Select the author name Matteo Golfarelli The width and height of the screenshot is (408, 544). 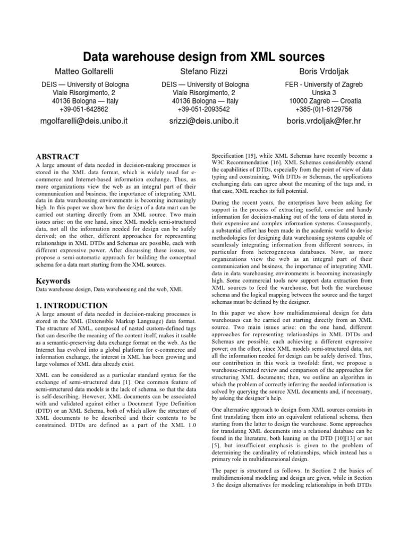[x=85, y=71]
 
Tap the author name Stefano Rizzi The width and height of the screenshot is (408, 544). [x=205, y=71]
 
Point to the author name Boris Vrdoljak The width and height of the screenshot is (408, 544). [x=323, y=71]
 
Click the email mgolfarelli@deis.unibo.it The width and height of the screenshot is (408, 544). [x=85, y=121]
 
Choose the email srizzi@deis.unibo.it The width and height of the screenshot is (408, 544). [x=205, y=121]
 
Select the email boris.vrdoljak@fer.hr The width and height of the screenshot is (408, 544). [x=323, y=121]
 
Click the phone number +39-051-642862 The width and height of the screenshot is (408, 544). [x=85, y=109]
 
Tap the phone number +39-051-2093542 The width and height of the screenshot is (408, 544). [x=205, y=109]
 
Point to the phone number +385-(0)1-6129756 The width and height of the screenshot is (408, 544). [x=323, y=109]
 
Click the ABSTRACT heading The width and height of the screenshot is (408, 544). [x=57, y=157]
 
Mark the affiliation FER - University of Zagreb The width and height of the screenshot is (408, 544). [x=323, y=84]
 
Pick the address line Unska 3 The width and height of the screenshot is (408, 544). [x=323, y=92]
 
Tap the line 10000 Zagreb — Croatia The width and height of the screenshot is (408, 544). [x=323, y=101]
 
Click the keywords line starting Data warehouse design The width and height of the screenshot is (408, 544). [x=108, y=290]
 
